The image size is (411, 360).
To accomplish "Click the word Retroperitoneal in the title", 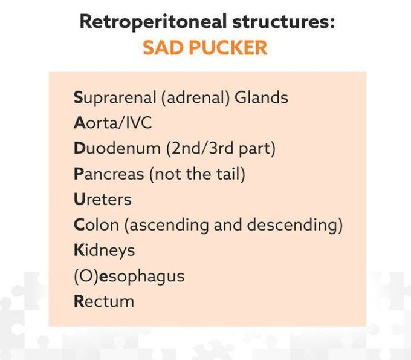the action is point(153,22).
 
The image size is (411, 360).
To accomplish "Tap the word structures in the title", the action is point(283,22).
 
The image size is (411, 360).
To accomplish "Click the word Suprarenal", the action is point(115,98).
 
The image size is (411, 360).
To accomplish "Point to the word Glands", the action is point(261,97).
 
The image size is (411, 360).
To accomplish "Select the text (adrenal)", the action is point(196,97).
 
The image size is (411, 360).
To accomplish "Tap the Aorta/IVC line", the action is point(112,123).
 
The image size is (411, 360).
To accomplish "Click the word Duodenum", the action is point(117,148).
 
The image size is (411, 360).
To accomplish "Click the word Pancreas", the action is point(109,174).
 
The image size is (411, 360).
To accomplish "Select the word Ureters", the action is point(103,199).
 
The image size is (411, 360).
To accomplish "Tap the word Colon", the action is point(97,224).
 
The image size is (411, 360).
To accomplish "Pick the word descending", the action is point(293,226).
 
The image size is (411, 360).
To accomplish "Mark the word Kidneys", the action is point(105,250).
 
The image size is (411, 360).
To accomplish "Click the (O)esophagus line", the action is point(129,277).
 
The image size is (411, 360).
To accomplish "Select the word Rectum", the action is point(104,301).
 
